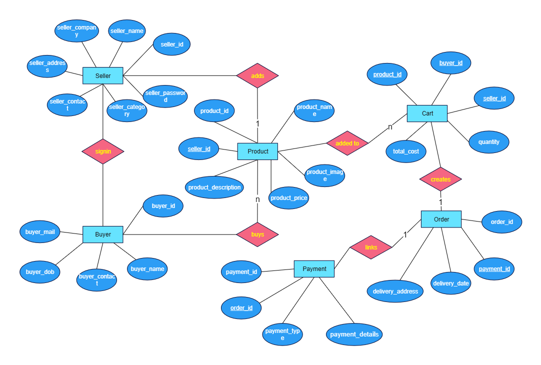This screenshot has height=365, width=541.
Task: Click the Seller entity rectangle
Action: click(x=103, y=75)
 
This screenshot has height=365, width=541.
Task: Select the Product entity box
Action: click(x=257, y=151)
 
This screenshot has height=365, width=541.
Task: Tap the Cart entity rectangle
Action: click(x=427, y=113)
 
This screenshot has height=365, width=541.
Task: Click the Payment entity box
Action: click(x=314, y=268)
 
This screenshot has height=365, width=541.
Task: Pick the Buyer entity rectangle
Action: click(x=103, y=234)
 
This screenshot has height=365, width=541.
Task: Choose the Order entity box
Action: click(x=441, y=219)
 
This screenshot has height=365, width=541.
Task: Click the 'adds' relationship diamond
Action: click(x=257, y=75)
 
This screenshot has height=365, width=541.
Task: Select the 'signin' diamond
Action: click(x=103, y=151)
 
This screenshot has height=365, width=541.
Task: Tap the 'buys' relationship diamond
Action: click(x=257, y=234)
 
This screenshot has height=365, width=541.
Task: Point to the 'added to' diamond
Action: click(x=347, y=143)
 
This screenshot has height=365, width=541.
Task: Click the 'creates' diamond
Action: click(x=440, y=179)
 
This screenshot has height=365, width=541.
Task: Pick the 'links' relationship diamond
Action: click(x=371, y=247)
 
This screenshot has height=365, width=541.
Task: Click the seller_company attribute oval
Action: click(x=76, y=30)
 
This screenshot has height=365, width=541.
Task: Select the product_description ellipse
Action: click(x=214, y=187)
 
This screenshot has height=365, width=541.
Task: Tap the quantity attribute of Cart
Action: click(x=488, y=142)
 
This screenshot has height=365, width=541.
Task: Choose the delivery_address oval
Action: click(x=395, y=291)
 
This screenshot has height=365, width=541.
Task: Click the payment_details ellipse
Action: click(x=354, y=334)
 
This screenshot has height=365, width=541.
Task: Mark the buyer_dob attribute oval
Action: click(x=40, y=272)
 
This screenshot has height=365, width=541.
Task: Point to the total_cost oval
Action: click(x=406, y=151)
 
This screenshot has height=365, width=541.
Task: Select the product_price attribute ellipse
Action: click(x=288, y=197)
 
